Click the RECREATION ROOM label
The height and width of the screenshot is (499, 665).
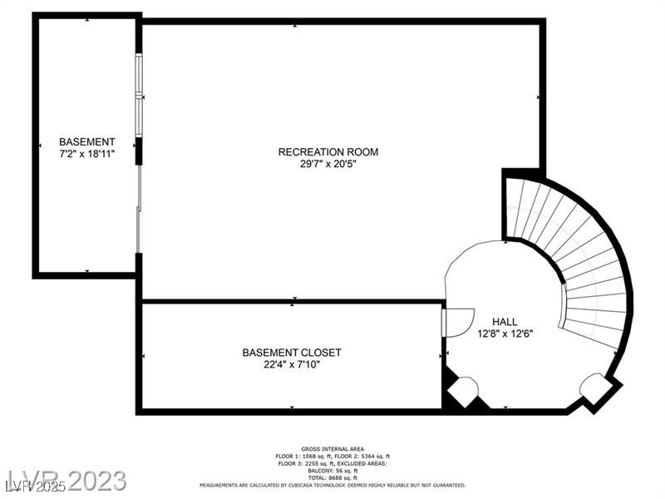pyautogui.click(x=328, y=151)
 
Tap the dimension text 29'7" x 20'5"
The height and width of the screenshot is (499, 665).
pyautogui.click(x=328, y=164)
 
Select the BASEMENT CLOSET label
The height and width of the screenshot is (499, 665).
pyautogui.click(x=292, y=353)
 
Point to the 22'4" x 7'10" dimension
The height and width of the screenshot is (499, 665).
pyautogui.click(x=292, y=364)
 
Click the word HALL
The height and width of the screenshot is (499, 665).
pyautogui.click(x=505, y=322)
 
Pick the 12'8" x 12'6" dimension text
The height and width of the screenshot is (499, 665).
pyautogui.click(x=505, y=333)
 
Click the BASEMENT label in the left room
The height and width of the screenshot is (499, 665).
pyautogui.click(x=87, y=142)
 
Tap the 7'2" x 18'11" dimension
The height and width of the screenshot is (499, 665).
pyautogui.click(x=87, y=154)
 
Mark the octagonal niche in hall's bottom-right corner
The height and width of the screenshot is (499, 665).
pyautogui.click(x=596, y=387)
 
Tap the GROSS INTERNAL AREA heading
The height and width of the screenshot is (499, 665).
pyautogui.click(x=332, y=449)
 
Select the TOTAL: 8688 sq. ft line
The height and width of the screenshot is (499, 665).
pyautogui.click(x=332, y=478)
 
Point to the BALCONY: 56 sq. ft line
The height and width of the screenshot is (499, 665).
pyautogui.click(x=332, y=471)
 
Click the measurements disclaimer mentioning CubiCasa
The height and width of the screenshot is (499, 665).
pyautogui.click(x=332, y=485)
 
